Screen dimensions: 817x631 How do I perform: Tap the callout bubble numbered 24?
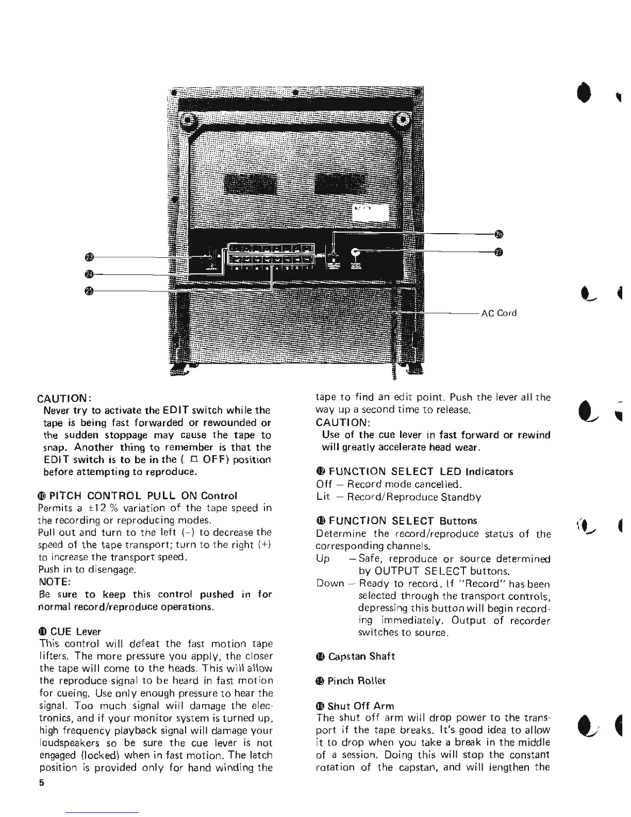coord(89,274)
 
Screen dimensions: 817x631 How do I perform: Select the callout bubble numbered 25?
coord(89,291)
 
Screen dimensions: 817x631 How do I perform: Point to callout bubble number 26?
coord(497,234)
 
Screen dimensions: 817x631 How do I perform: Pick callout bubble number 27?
coord(497,252)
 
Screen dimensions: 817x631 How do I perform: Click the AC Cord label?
coord(498,313)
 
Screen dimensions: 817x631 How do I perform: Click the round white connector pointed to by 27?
coord(355,253)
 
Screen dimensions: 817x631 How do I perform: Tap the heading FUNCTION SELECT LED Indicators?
coord(414,471)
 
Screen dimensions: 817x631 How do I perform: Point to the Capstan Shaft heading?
coord(356,656)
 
